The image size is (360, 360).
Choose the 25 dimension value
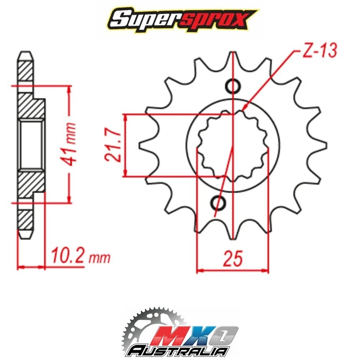pyautogui.click(x=232, y=258)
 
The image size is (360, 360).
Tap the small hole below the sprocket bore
pyautogui.click(x=218, y=203)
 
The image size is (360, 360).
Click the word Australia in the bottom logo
pyautogui.click(x=178, y=351)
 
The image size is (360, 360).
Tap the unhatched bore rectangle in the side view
pyautogui.click(x=31, y=144)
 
